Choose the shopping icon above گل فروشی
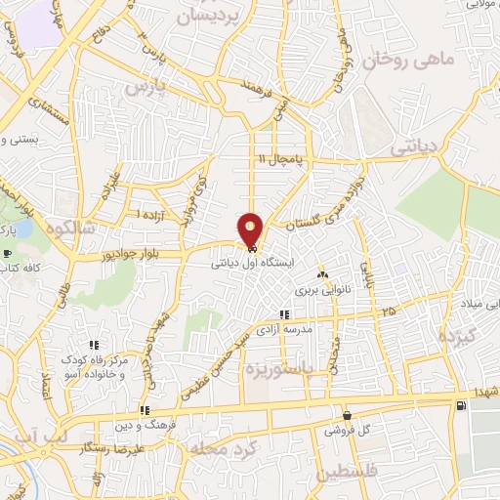coord(346,415)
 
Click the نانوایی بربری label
coord(321,291)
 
